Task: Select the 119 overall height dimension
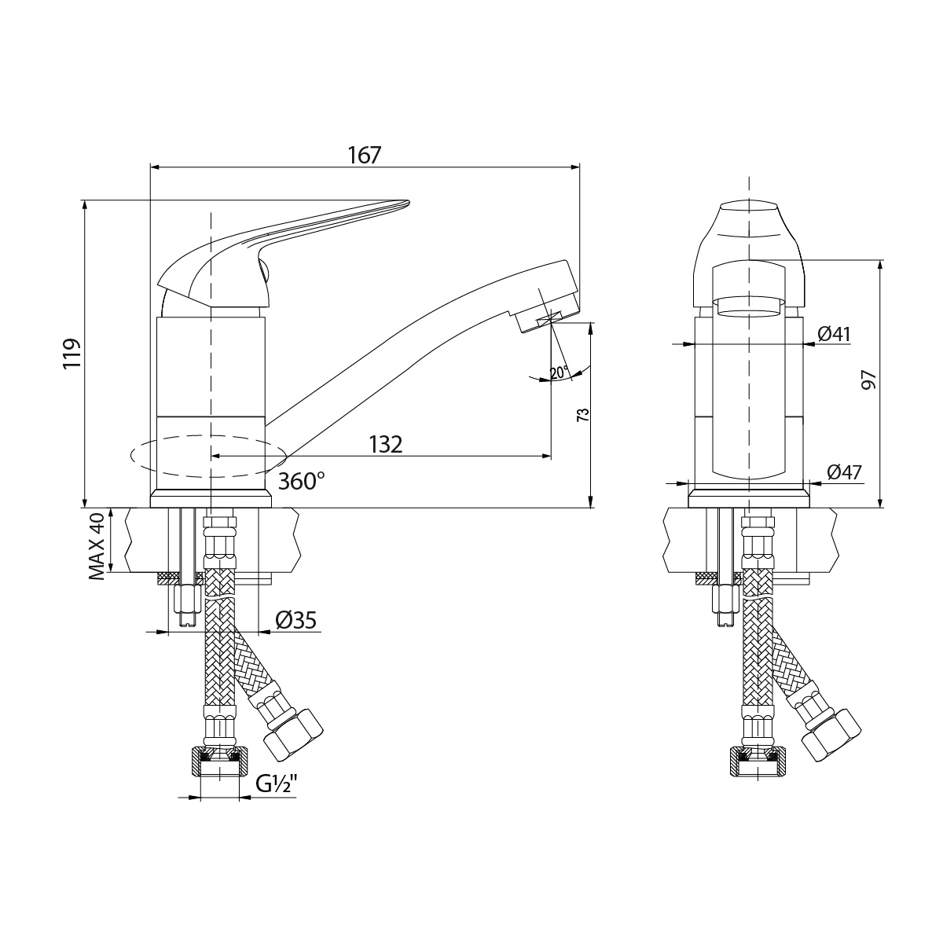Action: click(72, 354)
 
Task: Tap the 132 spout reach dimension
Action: click(385, 444)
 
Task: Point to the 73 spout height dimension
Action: click(583, 415)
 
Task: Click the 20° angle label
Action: click(559, 372)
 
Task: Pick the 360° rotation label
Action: click(301, 481)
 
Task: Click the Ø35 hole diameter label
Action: click(296, 621)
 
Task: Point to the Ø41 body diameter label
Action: click(835, 334)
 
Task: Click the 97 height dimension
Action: click(868, 380)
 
